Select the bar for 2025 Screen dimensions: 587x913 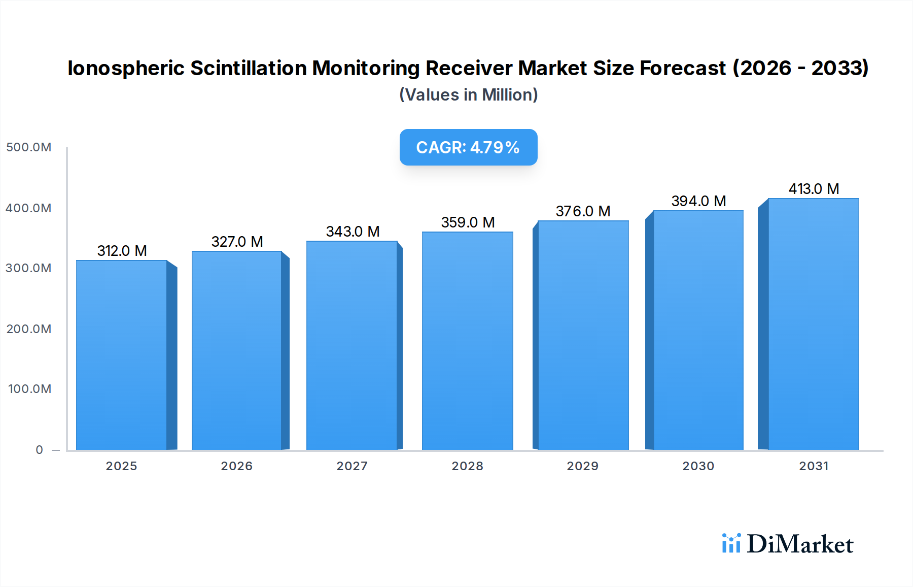pyautogui.click(x=122, y=355)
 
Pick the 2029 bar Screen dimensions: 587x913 pyautogui.click(x=583, y=335)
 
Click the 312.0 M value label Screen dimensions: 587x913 pyautogui.click(x=122, y=251)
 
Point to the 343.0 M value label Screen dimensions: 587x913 pyautogui.click(x=353, y=232)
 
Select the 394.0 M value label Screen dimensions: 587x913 pyautogui.click(x=698, y=201)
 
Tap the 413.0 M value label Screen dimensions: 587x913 pyautogui.click(x=814, y=189)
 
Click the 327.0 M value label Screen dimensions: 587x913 pyautogui.click(x=237, y=242)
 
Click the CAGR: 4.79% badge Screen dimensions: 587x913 pyautogui.click(x=468, y=147)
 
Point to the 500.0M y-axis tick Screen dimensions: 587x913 pyautogui.click(x=29, y=147)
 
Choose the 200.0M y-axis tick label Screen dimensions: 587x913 pyautogui.click(x=29, y=329)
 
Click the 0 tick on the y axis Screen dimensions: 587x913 pyautogui.click(x=39, y=450)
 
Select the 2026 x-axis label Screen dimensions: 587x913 pyautogui.click(x=236, y=466)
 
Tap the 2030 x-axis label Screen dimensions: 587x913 pyautogui.click(x=698, y=466)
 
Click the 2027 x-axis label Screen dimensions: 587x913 pyautogui.click(x=352, y=466)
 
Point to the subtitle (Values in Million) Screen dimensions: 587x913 pyautogui.click(x=468, y=95)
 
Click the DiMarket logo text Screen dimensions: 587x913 pyautogui.click(x=800, y=544)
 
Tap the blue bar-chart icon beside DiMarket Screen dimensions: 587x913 pyautogui.click(x=731, y=543)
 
